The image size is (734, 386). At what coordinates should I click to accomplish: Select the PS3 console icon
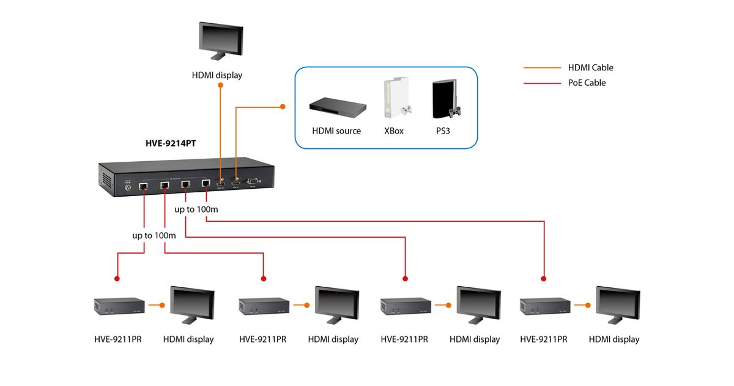coord(445,99)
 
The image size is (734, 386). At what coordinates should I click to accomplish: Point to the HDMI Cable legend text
coord(590,68)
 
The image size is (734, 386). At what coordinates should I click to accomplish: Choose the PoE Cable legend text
coord(587,83)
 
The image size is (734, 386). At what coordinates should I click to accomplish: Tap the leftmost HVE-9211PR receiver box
coord(119,305)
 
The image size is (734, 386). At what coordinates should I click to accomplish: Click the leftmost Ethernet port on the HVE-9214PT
coord(143,184)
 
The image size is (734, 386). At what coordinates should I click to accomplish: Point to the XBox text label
coord(393,131)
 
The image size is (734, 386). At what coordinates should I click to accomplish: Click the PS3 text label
coord(443,131)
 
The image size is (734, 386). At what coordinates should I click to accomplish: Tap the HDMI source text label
coord(336,131)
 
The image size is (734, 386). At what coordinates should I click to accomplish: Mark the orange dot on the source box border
coord(283,107)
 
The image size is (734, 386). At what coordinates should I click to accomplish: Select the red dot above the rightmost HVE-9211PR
coord(544,279)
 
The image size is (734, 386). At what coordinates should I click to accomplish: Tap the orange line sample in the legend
coord(542,68)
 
